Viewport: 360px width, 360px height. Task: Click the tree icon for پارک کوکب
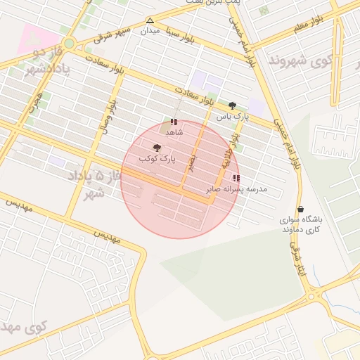pos(156,148)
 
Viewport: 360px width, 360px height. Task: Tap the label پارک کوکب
pos(156,160)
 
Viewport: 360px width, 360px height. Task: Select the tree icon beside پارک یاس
pos(232,105)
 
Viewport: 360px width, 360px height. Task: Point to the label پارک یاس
pos(232,116)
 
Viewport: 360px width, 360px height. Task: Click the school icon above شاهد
pos(174,122)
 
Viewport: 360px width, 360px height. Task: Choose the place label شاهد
pos(174,131)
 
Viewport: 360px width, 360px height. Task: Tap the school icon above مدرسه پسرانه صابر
pos(236,178)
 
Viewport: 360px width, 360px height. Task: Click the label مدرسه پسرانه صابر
pos(236,189)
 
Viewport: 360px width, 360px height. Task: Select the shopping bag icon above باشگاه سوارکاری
pos(301,209)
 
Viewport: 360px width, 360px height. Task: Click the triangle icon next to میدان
pos(150,20)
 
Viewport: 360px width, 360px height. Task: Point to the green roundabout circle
pos(69,43)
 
